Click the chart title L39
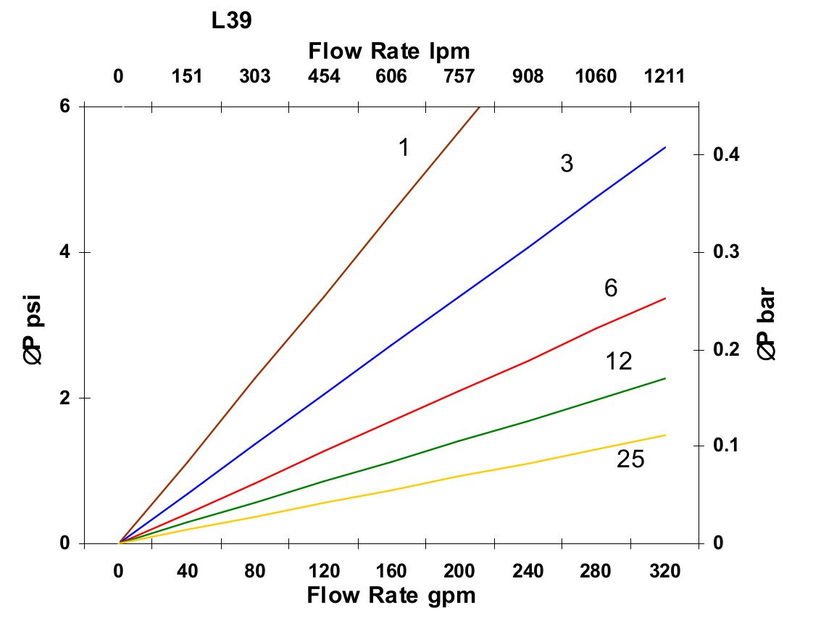(x=232, y=21)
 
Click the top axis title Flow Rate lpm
(x=389, y=51)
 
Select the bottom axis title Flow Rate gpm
(x=391, y=596)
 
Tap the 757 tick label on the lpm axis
(x=459, y=77)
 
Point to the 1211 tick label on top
(x=664, y=77)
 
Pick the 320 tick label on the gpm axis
(x=664, y=572)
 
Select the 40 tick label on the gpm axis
(x=187, y=572)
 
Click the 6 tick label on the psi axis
(x=64, y=107)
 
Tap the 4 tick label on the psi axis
(x=64, y=252)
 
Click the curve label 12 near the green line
(x=619, y=361)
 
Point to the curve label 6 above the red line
(x=611, y=289)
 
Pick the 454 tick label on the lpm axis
(x=323, y=77)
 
